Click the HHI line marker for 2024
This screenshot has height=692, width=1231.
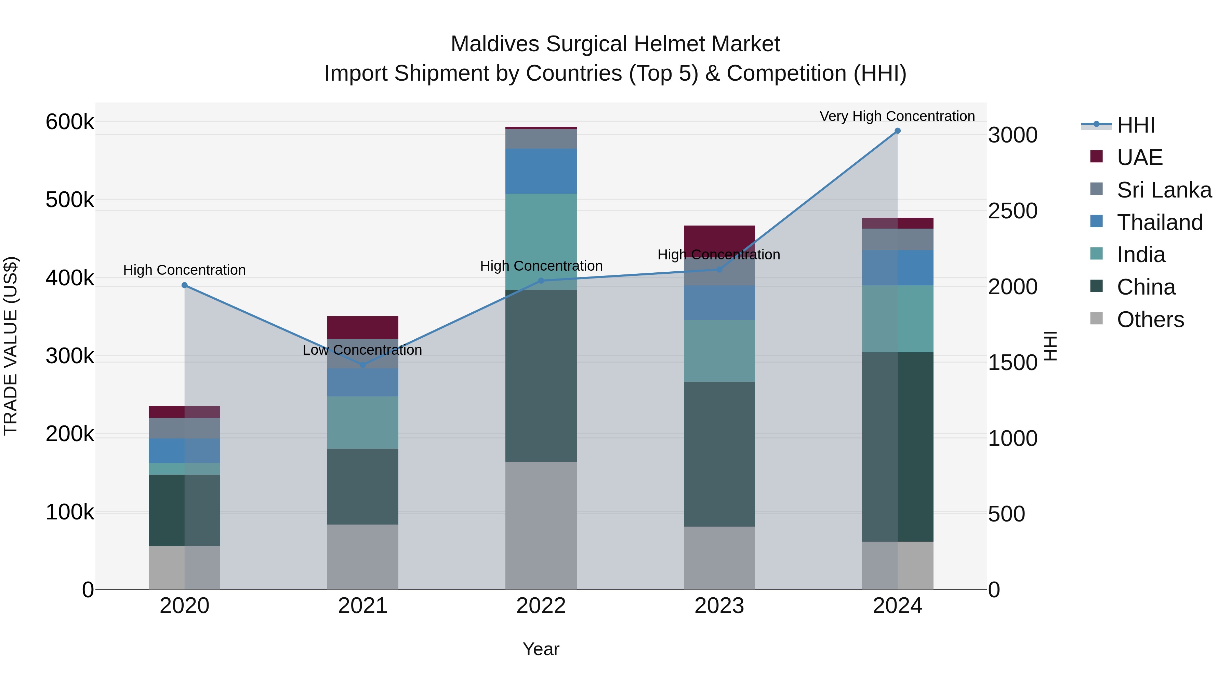(x=897, y=131)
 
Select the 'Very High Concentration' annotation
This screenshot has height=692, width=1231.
(x=897, y=116)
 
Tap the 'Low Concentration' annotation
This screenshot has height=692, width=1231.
(x=362, y=350)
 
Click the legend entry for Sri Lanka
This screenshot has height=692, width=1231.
(x=1164, y=190)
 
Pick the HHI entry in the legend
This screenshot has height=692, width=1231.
(x=1135, y=125)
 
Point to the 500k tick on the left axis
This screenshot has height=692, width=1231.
(x=70, y=200)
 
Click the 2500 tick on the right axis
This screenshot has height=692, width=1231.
(x=1012, y=211)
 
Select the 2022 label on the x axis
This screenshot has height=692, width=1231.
(x=541, y=606)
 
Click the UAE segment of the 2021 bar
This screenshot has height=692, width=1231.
(x=363, y=327)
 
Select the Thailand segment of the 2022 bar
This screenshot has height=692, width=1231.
(x=541, y=171)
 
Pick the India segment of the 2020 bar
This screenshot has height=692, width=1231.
(x=184, y=469)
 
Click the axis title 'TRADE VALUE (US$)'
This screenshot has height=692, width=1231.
(x=11, y=346)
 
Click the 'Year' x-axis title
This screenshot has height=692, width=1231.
(x=541, y=649)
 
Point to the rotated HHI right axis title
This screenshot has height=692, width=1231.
(x=1050, y=346)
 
